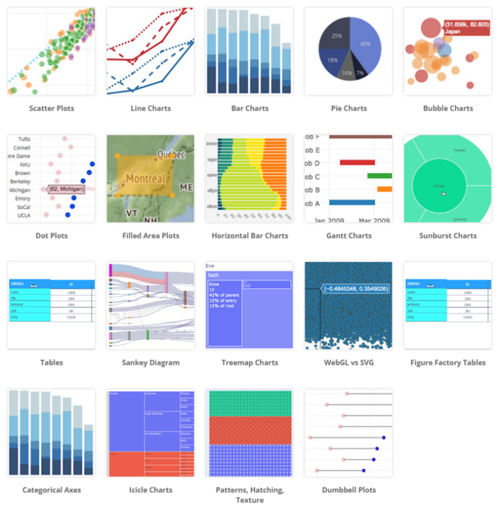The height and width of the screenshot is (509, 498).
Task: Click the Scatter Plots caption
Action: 51,108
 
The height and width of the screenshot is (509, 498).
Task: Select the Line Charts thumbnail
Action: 150,52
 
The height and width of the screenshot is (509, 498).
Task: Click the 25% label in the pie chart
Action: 337,36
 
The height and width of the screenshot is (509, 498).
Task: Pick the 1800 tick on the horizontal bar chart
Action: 211,206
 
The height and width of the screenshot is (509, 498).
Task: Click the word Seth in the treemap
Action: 214,276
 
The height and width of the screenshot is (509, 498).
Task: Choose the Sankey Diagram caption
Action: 150,363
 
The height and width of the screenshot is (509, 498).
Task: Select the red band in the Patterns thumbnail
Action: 249,430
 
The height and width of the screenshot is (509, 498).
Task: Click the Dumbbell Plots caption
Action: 349,490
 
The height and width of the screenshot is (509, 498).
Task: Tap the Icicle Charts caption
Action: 150,490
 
